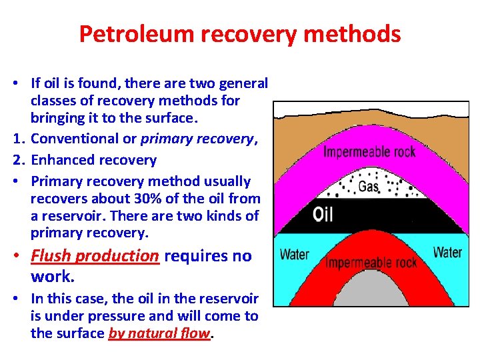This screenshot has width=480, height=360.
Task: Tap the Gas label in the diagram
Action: tap(368, 187)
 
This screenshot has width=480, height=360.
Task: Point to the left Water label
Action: tap(294, 254)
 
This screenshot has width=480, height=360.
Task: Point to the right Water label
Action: tap(447, 252)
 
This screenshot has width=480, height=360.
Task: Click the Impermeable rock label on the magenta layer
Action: tap(369, 151)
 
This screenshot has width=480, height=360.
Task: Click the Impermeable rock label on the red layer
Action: tap(371, 262)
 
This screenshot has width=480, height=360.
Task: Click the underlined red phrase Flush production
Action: tap(95, 256)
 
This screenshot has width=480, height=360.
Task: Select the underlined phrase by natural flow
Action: tap(159, 334)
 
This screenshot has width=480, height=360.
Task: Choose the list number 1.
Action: tap(17, 139)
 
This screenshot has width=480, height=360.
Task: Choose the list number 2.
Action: tap(17, 160)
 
